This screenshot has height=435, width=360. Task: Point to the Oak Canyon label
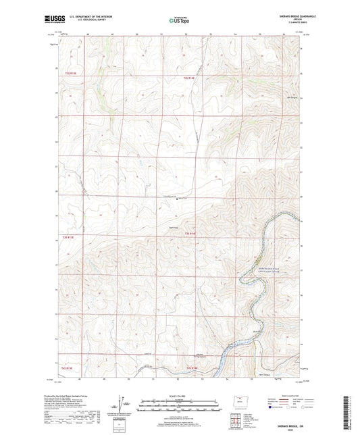click(292, 97)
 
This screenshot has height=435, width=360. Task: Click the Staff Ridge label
click(173, 227)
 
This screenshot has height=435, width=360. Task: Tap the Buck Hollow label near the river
click(257, 330)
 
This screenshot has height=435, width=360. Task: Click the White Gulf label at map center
click(181, 199)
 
